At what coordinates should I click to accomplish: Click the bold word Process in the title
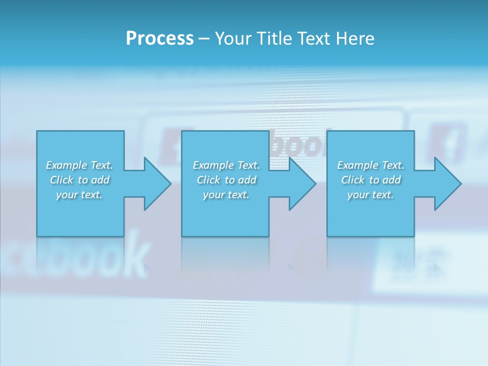160,39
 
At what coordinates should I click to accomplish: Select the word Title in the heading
273,39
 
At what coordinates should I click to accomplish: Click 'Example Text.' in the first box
79,165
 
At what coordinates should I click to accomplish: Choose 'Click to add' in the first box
79,180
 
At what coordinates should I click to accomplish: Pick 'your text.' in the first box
79,195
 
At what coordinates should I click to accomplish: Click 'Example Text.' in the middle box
226,165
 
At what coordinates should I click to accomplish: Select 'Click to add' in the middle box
226,180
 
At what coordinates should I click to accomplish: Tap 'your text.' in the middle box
226,195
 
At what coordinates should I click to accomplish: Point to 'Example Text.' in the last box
371,165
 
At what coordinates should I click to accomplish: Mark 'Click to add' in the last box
371,180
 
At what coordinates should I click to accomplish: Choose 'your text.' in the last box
371,195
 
